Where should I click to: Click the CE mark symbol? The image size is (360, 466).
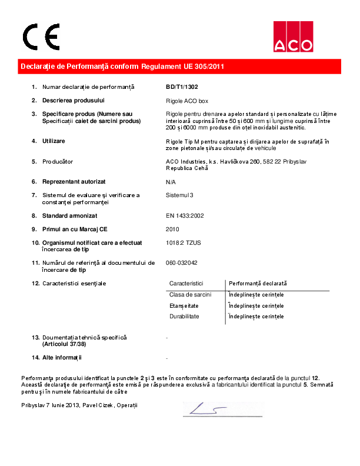pos(41,38)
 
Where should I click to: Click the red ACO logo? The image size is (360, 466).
pos(292,36)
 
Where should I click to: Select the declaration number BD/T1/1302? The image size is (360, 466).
pos(182,87)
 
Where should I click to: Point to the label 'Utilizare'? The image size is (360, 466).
pos(54,141)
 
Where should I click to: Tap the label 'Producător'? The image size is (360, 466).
pos(58,161)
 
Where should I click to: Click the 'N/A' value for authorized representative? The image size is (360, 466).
pos(171,182)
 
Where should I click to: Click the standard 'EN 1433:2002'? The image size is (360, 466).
pos(185,216)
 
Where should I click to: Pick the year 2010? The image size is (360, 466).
pos(173,229)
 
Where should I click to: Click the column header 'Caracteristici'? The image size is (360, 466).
pos(186,284)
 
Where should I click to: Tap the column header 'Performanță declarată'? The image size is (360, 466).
pos(257,284)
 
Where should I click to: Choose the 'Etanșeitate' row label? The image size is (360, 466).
pos(184,305)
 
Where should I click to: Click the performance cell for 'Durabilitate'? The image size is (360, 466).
pos(256,317)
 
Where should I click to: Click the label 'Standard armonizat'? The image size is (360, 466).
pos(69,216)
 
